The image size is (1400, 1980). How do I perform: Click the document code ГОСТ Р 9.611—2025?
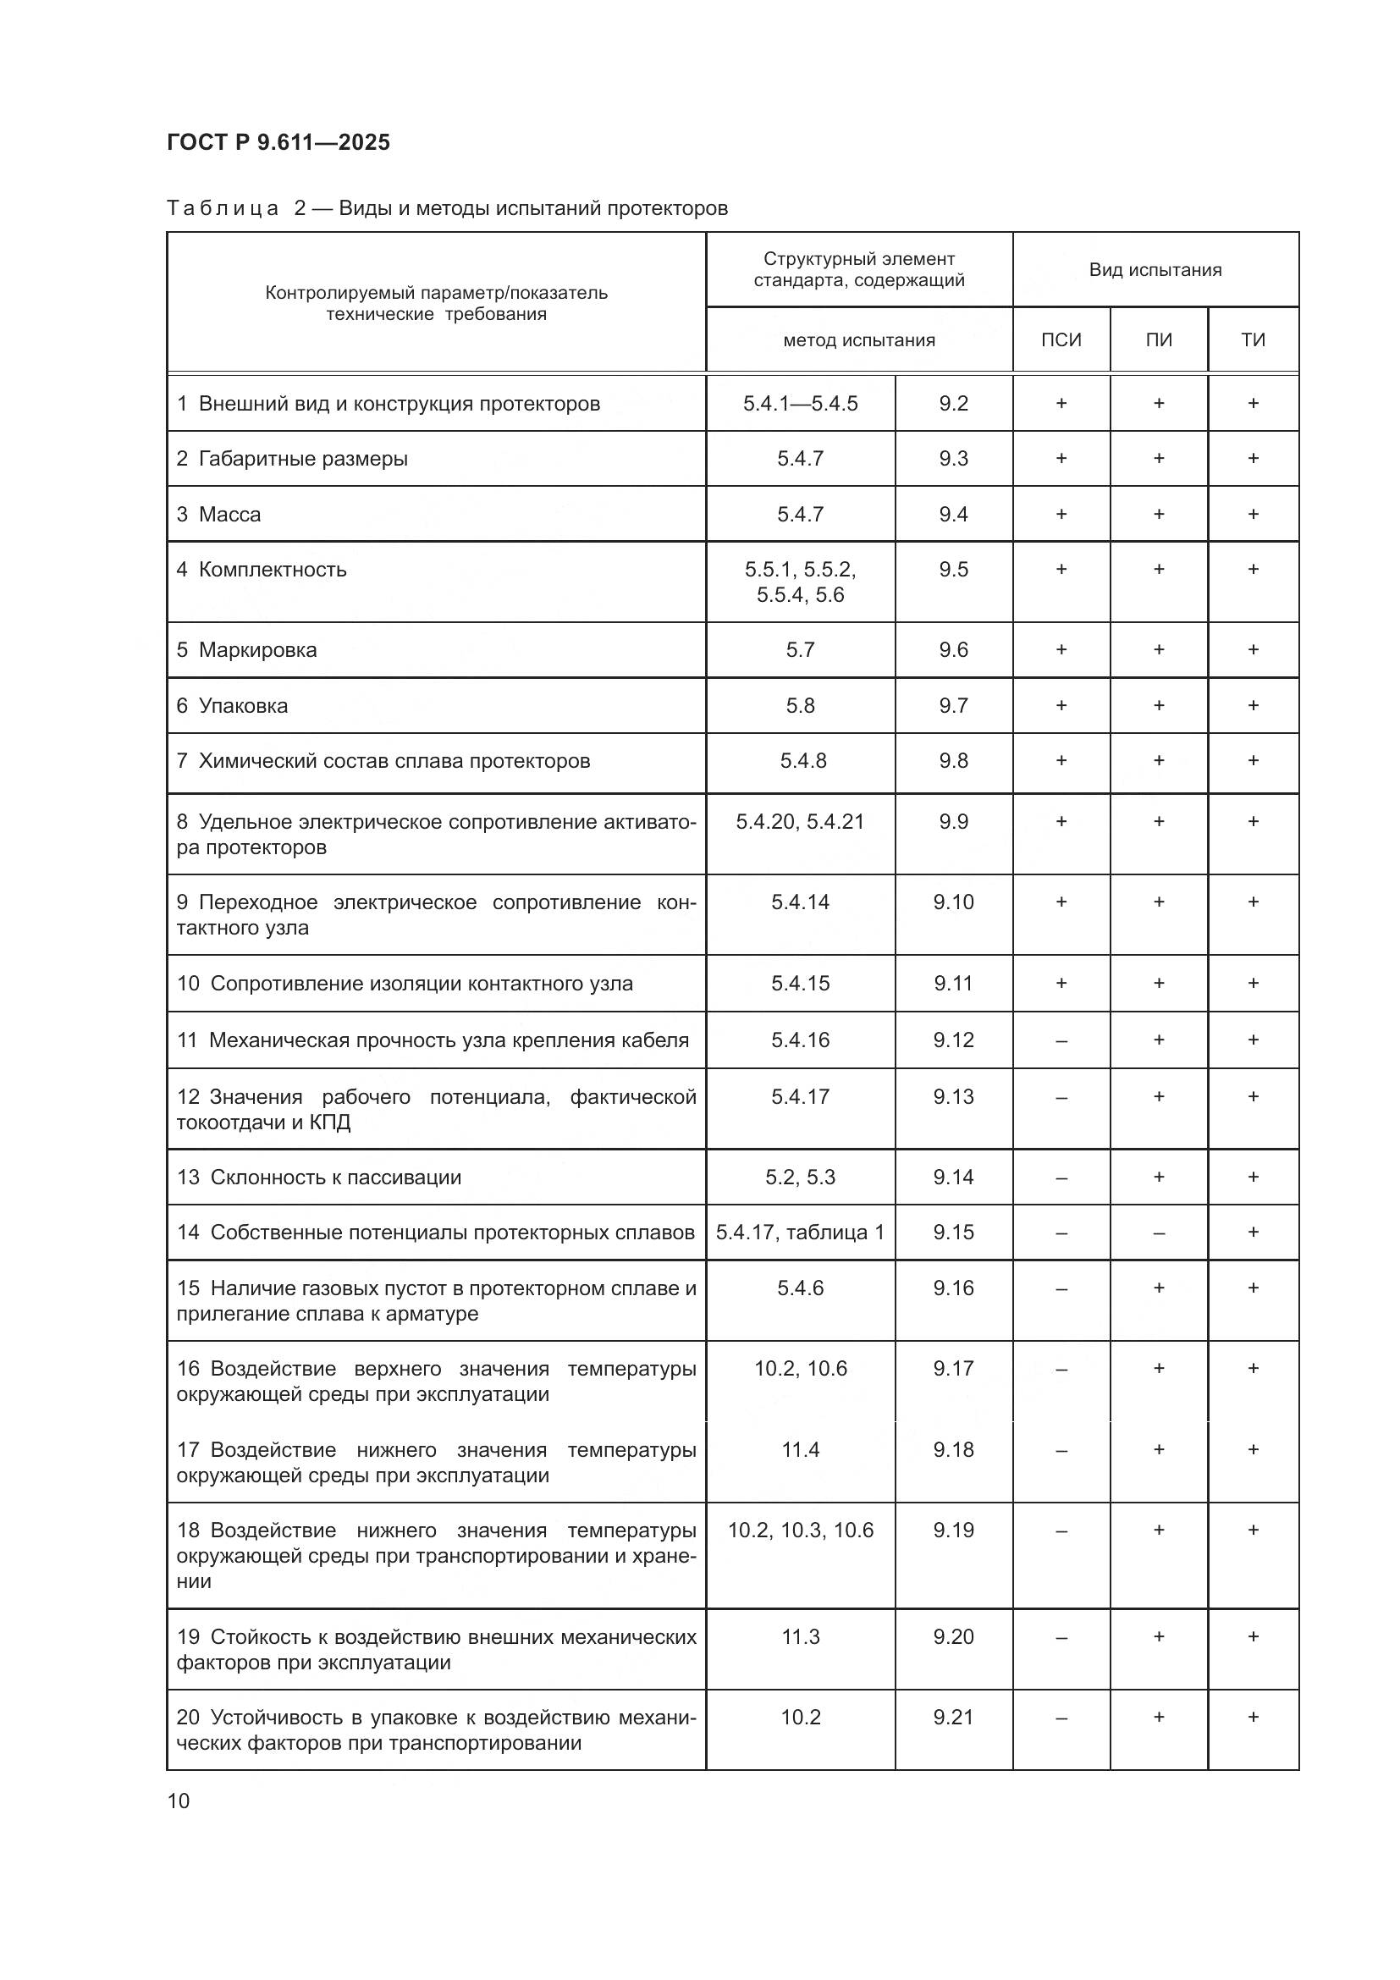pyautogui.click(x=278, y=142)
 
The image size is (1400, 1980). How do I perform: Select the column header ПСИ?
pyautogui.click(x=1061, y=339)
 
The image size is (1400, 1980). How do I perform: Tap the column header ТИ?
pyautogui.click(x=1253, y=339)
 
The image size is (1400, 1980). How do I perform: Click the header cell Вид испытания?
pyautogui.click(x=1155, y=270)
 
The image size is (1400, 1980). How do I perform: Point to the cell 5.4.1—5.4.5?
pyautogui.click(x=800, y=404)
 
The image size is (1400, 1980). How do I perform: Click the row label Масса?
pyautogui.click(x=229, y=514)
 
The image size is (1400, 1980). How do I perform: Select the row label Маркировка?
pyautogui.click(x=257, y=649)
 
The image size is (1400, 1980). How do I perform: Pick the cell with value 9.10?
pyautogui.click(x=952, y=902)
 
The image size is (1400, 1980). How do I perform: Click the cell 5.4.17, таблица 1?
pyautogui.click(x=800, y=1233)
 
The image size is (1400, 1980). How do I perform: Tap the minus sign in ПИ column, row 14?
pyautogui.click(x=1158, y=1233)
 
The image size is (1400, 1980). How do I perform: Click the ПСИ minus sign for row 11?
pyautogui.click(x=1061, y=1041)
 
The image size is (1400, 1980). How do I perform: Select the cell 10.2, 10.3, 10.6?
pyautogui.click(x=800, y=1530)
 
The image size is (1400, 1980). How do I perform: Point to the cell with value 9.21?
pyautogui.click(x=952, y=1717)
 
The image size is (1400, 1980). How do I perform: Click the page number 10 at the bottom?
pyautogui.click(x=179, y=1801)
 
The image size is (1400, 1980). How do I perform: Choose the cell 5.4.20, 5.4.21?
pyautogui.click(x=800, y=822)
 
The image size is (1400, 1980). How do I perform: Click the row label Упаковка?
pyautogui.click(x=243, y=705)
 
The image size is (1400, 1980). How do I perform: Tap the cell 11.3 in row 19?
pyautogui.click(x=800, y=1637)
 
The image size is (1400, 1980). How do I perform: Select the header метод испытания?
pyautogui.click(x=858, y=339)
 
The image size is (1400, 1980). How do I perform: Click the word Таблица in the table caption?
pyautogui.click(x=223, y=208)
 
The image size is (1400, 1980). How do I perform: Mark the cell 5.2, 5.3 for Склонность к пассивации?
pyautogui.click(x=800, y=1178)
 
